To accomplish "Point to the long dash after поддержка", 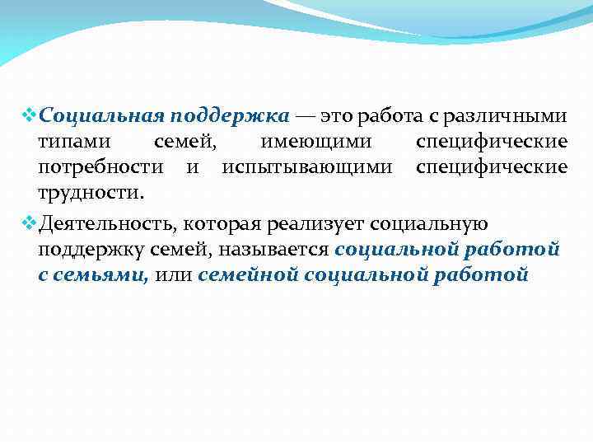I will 304,114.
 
